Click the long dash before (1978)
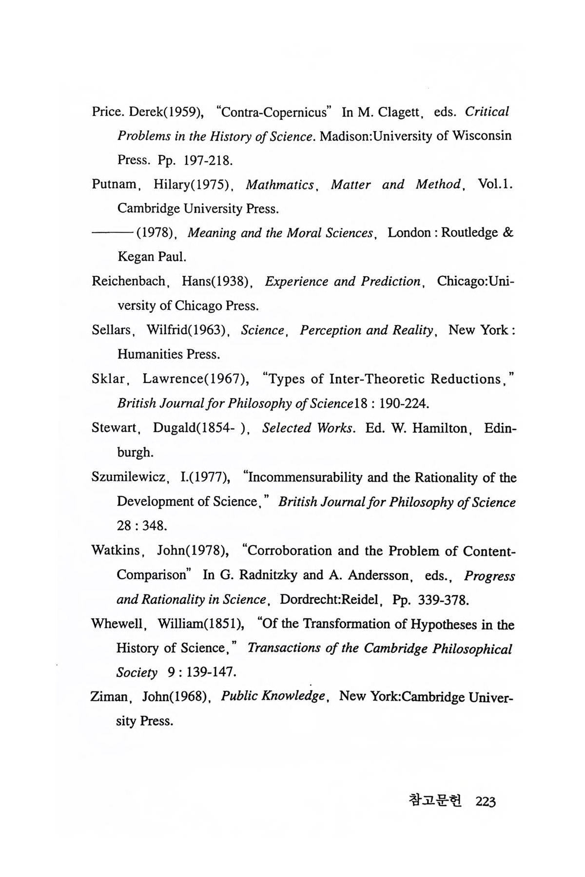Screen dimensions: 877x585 tap(113, 233)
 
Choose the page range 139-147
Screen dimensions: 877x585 tap(210, 673)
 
